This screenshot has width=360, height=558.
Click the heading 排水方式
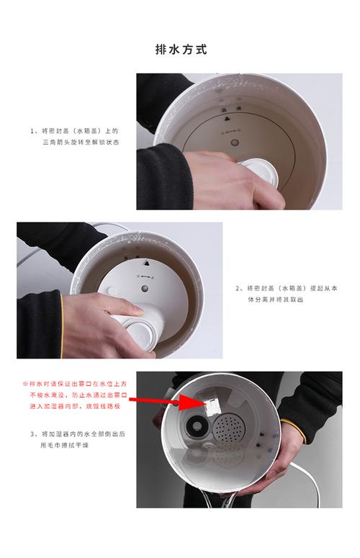[181, 49]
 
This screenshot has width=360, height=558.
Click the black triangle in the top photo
[227, 118]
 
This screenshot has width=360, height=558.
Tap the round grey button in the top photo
[235, 143]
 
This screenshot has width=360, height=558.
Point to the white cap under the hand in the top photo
[260, 171]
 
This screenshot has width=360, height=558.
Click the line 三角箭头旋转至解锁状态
[81, 143]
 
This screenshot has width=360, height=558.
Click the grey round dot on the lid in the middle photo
[144, 288]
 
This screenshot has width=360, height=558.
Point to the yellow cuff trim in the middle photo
[62, 325]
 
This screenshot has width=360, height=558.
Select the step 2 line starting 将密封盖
[287, 288]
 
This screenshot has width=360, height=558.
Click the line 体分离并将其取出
[275, 300]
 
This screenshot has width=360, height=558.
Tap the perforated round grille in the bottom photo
[230, 428]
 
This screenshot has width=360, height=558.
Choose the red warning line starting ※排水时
[75, 384]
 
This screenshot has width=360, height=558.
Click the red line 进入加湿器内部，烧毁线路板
[75, 406]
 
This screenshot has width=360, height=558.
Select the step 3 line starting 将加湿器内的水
[78, 434]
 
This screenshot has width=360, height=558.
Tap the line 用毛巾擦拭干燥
[64, 445]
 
